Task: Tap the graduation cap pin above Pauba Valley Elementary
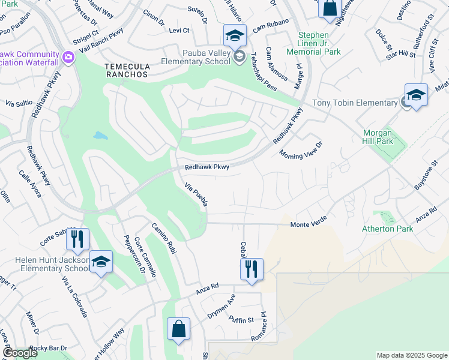point(235,35)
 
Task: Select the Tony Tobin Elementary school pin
point(416,95)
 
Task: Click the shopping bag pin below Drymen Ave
point(178,329)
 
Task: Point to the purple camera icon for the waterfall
point(67,57)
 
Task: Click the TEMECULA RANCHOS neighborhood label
point(126,70)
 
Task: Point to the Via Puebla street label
point(196,194)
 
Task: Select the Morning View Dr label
point(301,149)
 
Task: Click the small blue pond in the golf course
point(101,136)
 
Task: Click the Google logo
point(20,353)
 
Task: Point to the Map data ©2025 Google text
point(411,355)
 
